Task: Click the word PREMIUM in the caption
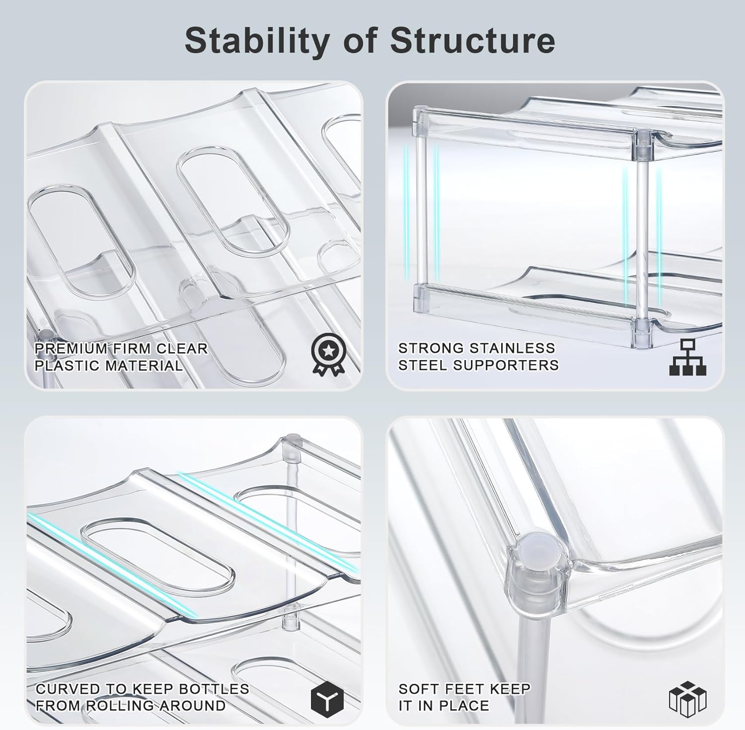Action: pos(70,349)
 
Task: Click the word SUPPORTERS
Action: pos(513,365)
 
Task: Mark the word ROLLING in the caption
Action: pos(121,706)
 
